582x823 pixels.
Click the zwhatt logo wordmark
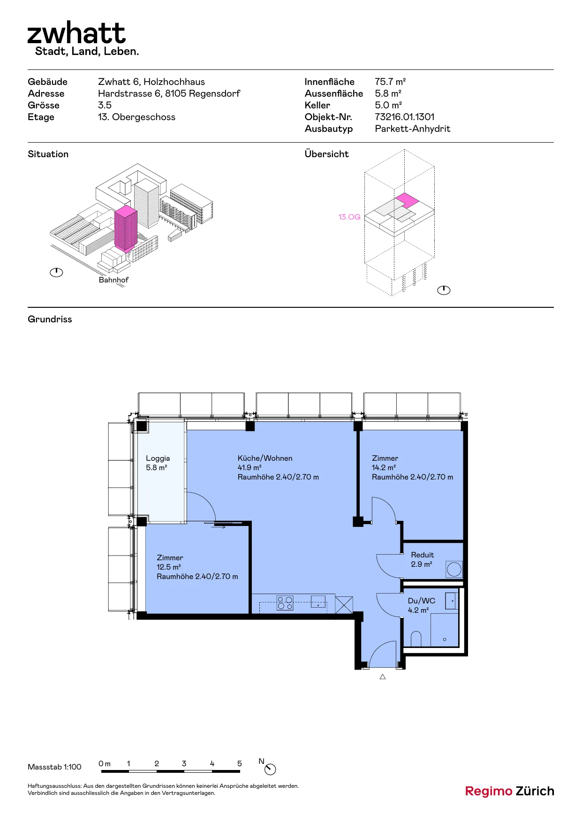point(76,33)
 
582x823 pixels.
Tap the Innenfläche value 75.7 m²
point(390,82)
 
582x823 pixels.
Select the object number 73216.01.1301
point(405,117)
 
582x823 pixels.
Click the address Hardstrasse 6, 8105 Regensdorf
point(169,93)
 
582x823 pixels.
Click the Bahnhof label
point(113,280)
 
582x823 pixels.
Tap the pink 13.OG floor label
point(349,217)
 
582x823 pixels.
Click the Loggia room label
point(158,458)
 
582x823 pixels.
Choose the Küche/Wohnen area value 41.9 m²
point(249,468)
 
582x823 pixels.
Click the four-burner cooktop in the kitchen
point(285,603)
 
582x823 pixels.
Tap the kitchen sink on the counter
point(318,601)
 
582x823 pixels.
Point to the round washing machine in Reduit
point(454,570)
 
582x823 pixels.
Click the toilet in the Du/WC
point(416,639)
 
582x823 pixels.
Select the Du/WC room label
point(422,601)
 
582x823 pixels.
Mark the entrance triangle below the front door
point(383,677)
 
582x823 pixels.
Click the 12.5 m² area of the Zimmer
point(169,567)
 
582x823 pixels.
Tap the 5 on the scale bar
point(240,764)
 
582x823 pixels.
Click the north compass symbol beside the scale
point(270,770)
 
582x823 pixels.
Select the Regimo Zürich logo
point(510,791)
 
